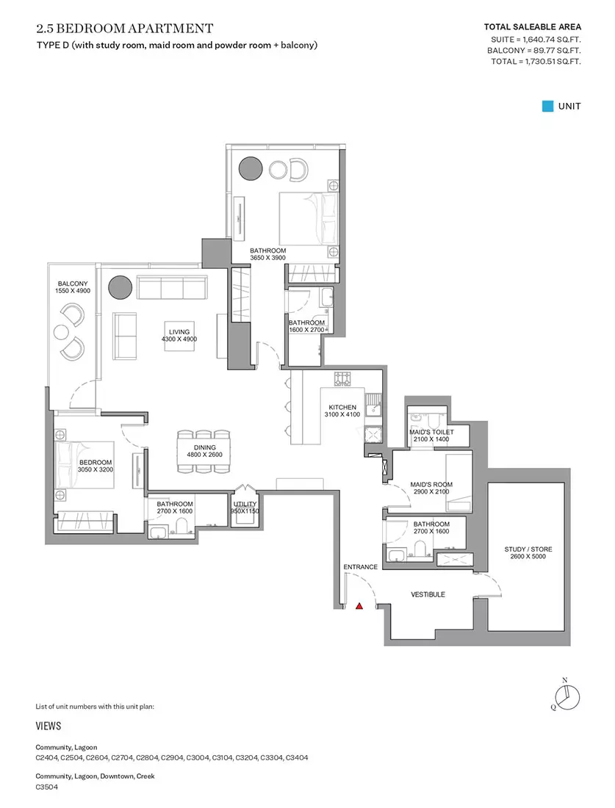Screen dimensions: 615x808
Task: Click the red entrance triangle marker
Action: coord(359,606)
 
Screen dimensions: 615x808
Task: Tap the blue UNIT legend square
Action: coord(547,107)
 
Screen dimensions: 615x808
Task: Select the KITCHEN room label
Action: coord(342,407)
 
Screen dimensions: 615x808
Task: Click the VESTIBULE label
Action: coord(428,595)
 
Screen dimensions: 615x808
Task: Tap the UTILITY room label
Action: coord(245,504)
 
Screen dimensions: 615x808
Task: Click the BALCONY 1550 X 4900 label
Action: coord(73,287)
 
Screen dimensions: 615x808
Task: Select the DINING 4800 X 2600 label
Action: coord(205,451)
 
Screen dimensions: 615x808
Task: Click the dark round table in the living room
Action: coord(120,287)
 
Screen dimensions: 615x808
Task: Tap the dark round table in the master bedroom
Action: coord(251,168)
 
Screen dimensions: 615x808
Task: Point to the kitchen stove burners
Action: coord(342,379)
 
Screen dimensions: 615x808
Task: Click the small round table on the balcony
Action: coord(62,332)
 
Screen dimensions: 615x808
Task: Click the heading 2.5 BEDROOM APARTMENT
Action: coord(125,29)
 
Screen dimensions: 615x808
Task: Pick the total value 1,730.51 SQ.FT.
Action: coord(553,61)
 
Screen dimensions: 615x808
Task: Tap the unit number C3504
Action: coord(47,787)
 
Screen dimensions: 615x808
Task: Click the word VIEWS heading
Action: coord(48,726)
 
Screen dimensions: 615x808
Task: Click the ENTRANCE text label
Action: coord(360,567)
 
